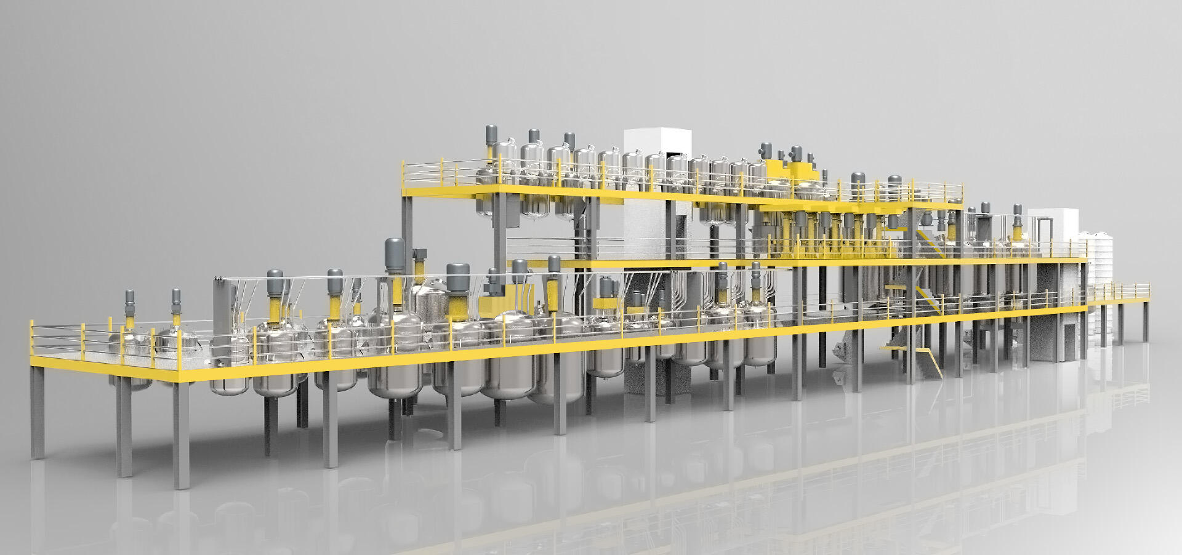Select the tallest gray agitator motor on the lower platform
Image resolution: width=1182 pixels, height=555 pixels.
(394, 254)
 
